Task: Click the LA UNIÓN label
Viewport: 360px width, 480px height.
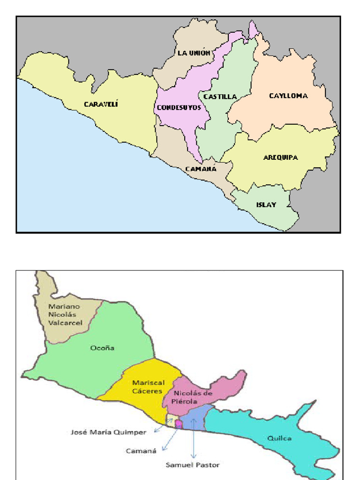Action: tap(194, 53)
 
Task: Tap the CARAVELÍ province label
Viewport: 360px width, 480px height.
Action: tap(101, 104)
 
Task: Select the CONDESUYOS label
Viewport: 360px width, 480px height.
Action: tap(179, 107)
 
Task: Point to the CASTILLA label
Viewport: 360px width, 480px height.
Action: tap(220, 97)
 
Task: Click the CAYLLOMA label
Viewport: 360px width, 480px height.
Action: tap(288, 96)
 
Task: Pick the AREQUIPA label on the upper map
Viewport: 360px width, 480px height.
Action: tap(280, 157)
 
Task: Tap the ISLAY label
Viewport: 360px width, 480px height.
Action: tap(266, 204)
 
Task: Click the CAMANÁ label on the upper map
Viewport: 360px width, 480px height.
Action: tap(201, 169)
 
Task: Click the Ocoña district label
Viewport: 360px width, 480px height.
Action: tap(102, 348)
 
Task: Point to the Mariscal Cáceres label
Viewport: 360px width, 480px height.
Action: tap(147, 386)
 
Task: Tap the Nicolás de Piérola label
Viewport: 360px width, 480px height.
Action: tap(193, 397)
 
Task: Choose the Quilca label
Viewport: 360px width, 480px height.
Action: tap(279, 438)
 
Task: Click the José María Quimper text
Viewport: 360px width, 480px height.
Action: tap(109, 432)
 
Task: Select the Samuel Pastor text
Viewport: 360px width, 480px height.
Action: tap(193, 465)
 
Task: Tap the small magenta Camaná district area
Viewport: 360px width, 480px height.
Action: tap(179, 424)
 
